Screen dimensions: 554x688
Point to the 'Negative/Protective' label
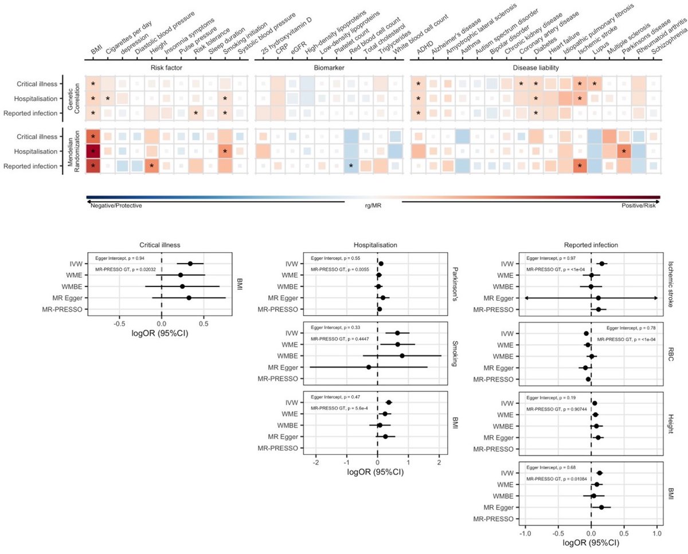116,205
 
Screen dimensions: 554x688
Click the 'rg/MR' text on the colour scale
373,205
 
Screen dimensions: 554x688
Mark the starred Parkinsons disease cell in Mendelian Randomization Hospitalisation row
624,152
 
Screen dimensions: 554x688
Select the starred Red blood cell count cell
351,166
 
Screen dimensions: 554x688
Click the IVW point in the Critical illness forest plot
190,264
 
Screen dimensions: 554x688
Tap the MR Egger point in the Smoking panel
369,367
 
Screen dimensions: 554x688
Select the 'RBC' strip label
669,356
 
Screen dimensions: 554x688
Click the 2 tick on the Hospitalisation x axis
439,462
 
